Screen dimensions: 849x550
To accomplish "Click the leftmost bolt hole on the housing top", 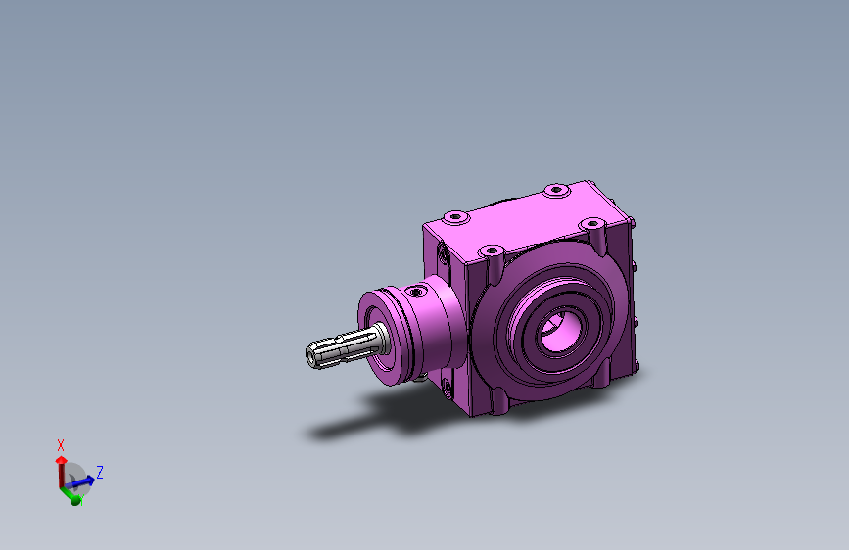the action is (456, 217).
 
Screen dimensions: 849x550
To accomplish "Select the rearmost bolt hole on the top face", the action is (556, 190).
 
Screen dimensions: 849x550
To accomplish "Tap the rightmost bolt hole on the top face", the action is (591, 223).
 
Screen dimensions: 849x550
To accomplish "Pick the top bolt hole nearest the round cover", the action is (492, 252).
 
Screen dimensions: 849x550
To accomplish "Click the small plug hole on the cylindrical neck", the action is (416, 292).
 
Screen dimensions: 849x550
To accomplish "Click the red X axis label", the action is (61, 445).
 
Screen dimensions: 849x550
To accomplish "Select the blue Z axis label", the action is (100, 472).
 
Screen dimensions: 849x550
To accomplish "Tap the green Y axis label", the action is (81, 503).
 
